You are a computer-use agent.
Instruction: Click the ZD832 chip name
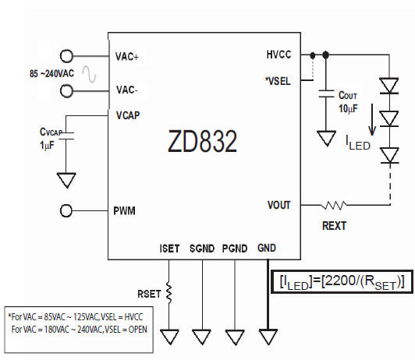202,142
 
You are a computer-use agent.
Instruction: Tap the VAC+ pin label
128,56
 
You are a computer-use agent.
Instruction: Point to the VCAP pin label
127,115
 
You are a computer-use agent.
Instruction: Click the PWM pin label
126,210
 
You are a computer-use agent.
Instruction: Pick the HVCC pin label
278,55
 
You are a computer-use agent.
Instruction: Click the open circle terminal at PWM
67,210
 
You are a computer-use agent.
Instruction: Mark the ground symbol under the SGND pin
202,337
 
